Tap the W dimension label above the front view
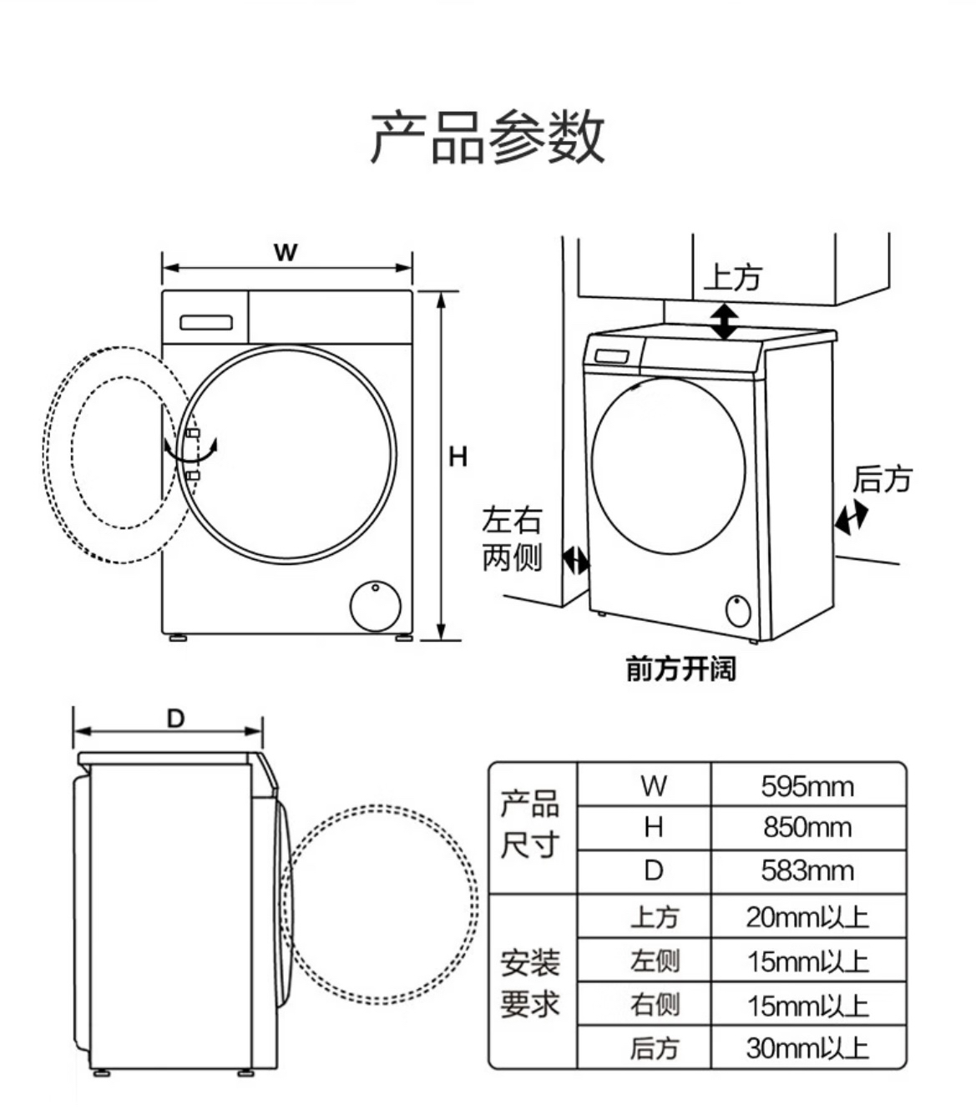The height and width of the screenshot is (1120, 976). point(286,252)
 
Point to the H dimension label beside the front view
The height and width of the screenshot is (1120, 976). point(458,457)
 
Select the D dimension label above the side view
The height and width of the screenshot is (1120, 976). point(176,719)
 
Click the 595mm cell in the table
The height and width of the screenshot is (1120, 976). point(807,787)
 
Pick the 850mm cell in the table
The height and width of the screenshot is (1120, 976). point(807,827)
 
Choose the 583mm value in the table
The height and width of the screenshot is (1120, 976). point(807,870)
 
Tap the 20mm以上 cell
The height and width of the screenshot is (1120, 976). point(807,917)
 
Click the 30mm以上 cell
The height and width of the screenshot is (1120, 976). point(807,1048)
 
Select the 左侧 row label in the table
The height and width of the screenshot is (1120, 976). point(655,961)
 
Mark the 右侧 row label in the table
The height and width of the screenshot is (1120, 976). point(655,1005)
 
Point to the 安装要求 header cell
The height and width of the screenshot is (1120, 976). point(530,983)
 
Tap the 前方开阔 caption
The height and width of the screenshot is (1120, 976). point(680,669)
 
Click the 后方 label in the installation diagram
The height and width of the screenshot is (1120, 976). point(882,479)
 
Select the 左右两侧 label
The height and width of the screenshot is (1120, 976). point(512,538)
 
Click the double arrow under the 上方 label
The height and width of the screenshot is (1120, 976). point(724,322)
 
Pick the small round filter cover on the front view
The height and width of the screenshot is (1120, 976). point(375,606)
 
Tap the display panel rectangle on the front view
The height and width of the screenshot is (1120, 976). point(206,323)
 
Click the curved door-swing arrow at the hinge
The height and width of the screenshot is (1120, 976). point(190,450)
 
